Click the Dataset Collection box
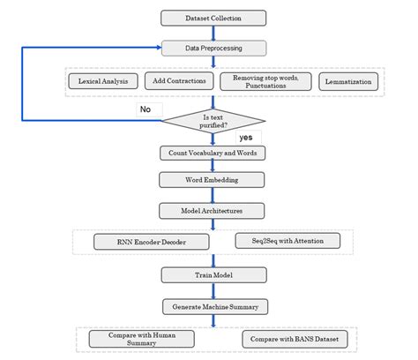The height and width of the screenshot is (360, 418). click(x=212, y=16)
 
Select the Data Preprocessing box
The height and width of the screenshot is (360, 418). click(x=212, y=47)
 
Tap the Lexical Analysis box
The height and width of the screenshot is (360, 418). click(x=104, y=81)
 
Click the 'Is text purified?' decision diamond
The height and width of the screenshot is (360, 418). click(x=212, y=119)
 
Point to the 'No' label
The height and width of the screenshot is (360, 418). click(x=146, y=109)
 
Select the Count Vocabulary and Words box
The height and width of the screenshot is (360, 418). click(x=212, y=153)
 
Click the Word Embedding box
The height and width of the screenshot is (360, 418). click(x=212, y=181)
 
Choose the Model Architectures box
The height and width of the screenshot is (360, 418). click(x=212, y=210)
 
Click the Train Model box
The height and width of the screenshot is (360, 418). click(x=212, y=275)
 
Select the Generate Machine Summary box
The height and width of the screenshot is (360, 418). click(x=212, y=306)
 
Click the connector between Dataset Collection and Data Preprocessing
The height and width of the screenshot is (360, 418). click(x=212, y=31)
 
